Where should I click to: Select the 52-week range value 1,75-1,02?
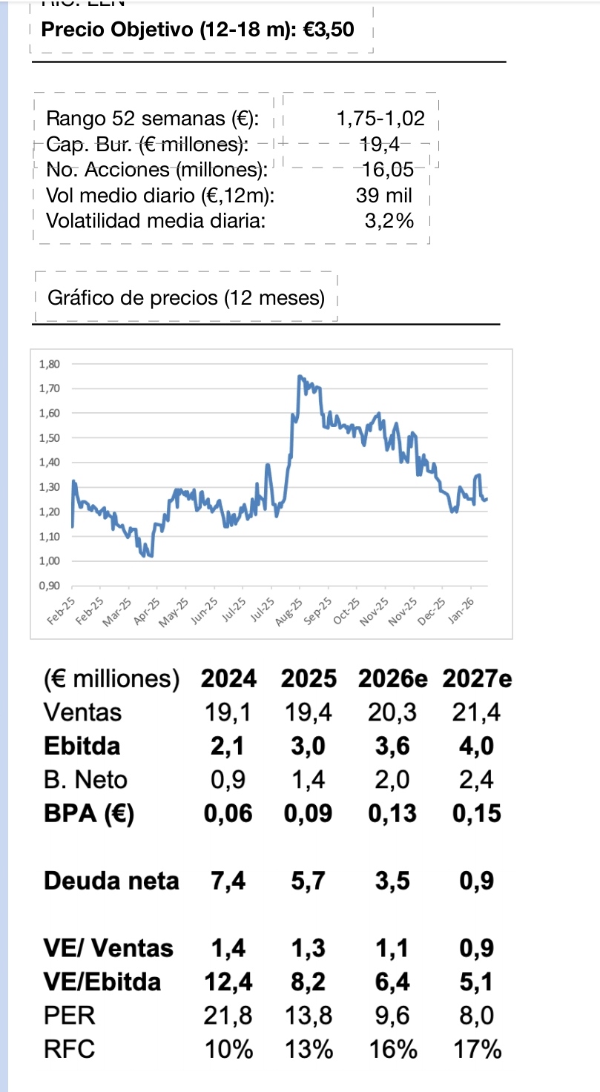tap(380, 118)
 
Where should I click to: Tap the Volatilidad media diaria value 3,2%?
tap(389, 220)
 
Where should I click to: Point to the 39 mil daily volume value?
tap(383, 195)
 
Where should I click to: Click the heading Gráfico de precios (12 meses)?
tap(186, 299)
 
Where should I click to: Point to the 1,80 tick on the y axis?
tap(47, 364)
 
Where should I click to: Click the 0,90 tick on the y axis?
tap(47, 586)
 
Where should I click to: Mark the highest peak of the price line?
tap(299, 376)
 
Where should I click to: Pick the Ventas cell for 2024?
tap(227, 712)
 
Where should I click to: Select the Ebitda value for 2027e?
tap(476, 746)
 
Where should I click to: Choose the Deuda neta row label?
tap(111, 881)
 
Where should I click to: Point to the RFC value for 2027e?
tap(476, 1050)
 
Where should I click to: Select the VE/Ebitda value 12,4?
tap(227, 982)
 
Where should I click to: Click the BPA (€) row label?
tap(89, 813)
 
